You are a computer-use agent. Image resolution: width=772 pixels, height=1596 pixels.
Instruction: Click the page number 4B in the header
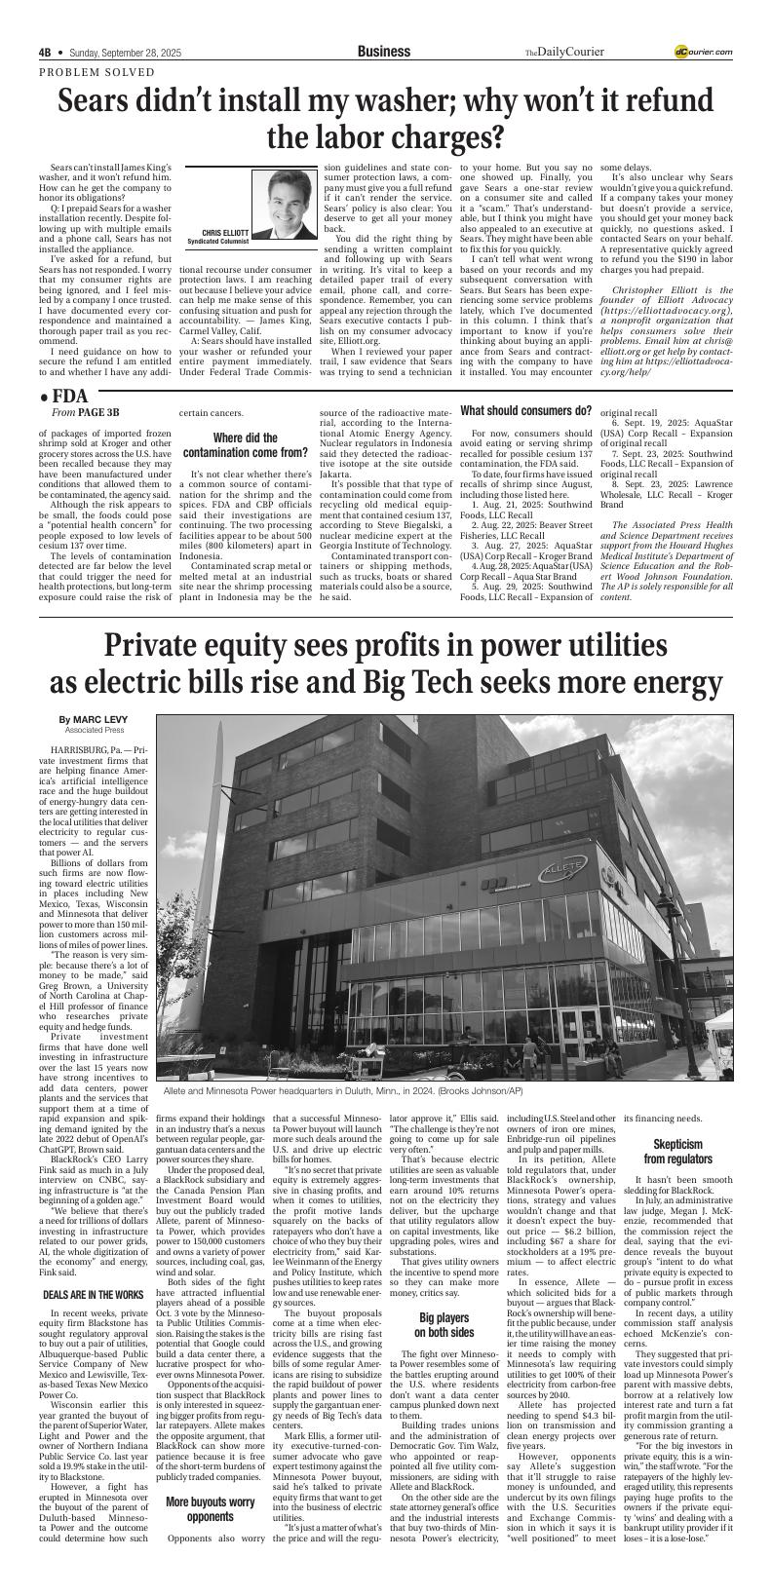(45, 52)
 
